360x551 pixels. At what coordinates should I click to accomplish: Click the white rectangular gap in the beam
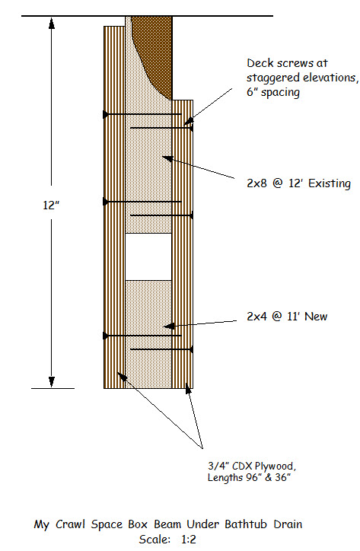[x=148, y=256]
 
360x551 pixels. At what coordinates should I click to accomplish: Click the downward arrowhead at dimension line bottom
[x=52, y=381]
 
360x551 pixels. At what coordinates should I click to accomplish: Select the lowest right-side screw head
[x=190, y=349]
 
